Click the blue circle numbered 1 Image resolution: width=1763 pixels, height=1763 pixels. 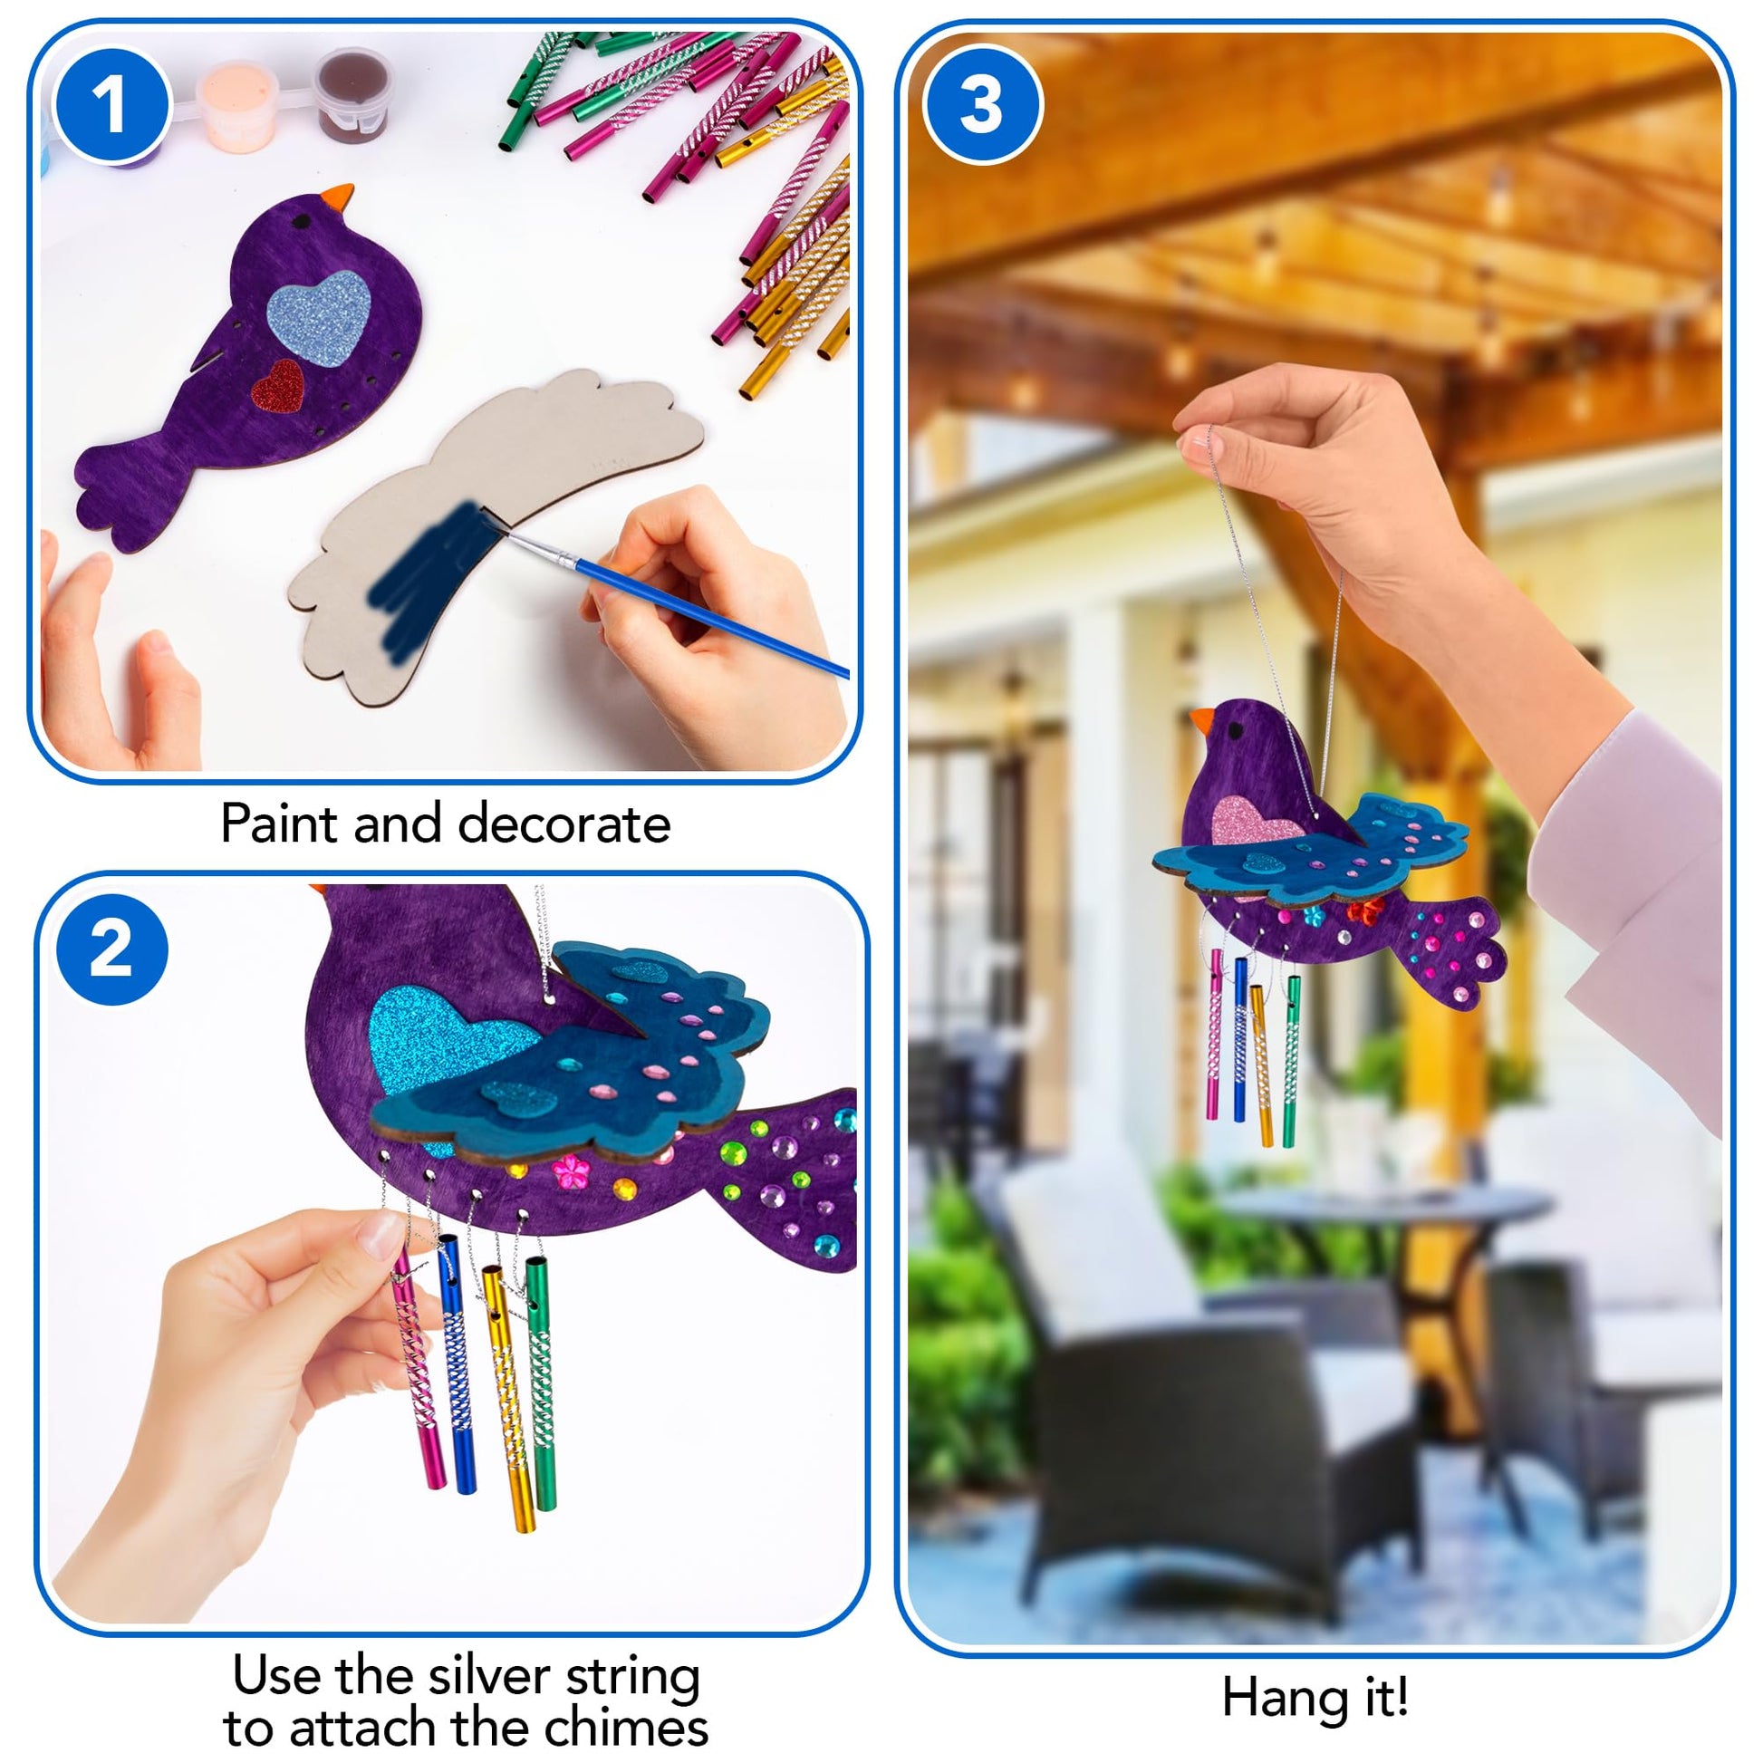pos(112,105)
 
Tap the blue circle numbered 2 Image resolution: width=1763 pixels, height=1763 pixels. pos(111,949)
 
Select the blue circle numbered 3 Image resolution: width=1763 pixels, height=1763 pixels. pos(982,105)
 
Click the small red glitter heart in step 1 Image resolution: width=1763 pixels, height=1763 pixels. pos(277,387)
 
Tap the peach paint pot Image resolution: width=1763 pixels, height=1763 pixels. pos(237,103)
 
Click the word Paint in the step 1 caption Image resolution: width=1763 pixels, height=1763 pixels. pos(280,824)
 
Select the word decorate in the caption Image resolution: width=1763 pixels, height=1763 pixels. pos(564,824)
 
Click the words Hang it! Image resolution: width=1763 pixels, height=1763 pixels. pos(1315,1697)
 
